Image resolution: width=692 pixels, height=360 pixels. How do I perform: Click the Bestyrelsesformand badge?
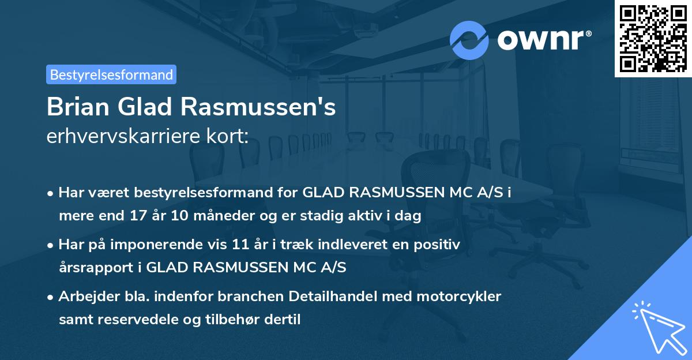tap(111, 74)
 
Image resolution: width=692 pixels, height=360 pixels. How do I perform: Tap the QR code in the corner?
tap(653, 38)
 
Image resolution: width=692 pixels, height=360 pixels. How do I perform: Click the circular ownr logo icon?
tap(469, 39)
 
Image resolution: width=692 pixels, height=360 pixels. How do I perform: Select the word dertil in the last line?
tap(283, 319)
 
